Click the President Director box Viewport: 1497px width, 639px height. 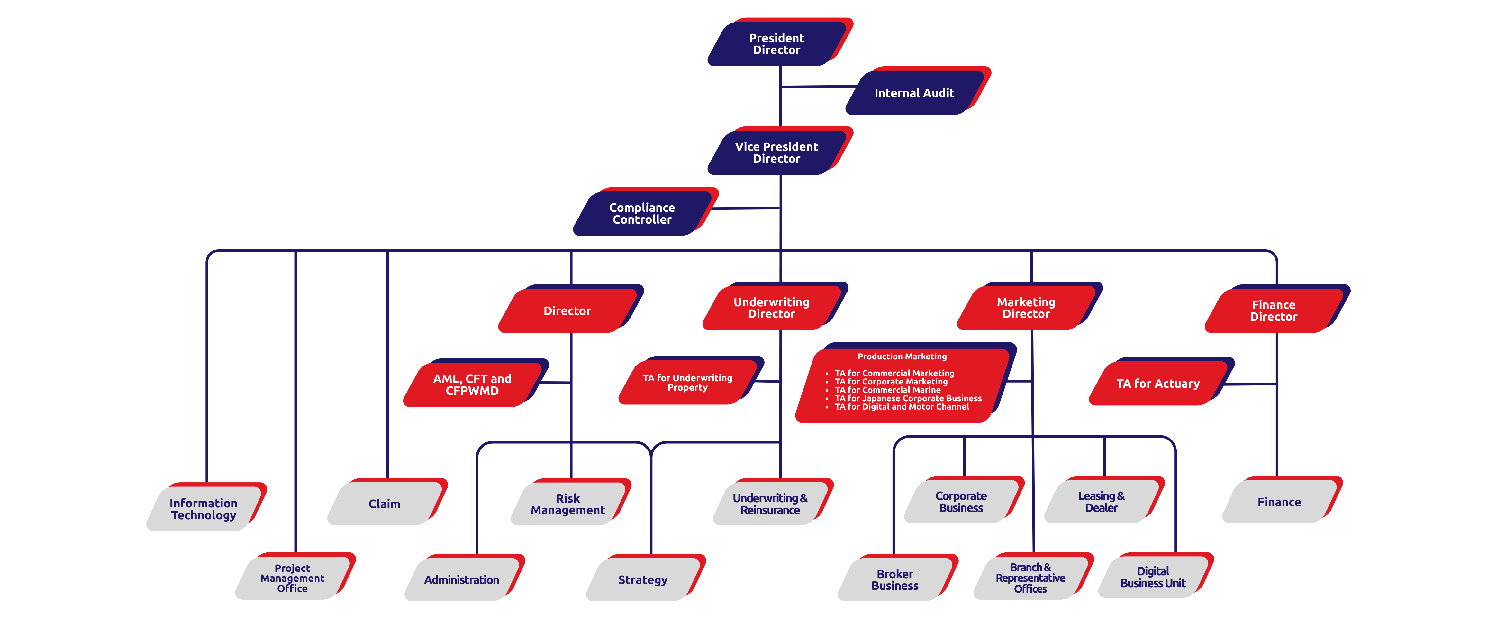(776, 44)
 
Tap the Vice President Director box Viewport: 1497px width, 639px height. (776, 152)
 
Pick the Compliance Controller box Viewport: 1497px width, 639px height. (642, 213)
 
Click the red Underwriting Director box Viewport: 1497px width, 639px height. (771, 308)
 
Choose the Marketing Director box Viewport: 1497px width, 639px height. (1026, 308)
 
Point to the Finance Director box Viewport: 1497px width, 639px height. (1273, 310)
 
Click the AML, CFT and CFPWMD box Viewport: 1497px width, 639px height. (472, 384)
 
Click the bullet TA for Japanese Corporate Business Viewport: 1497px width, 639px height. (908, 398)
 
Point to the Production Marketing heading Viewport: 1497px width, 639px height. (902, 357)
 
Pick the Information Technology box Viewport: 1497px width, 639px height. (204, 509)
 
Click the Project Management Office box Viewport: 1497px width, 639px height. (292, 578)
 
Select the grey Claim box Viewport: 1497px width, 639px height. (384, 504)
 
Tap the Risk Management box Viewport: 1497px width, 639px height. (568, 504)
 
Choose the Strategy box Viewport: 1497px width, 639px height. (643, 580)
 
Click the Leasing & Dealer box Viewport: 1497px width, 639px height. (1101, 501)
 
